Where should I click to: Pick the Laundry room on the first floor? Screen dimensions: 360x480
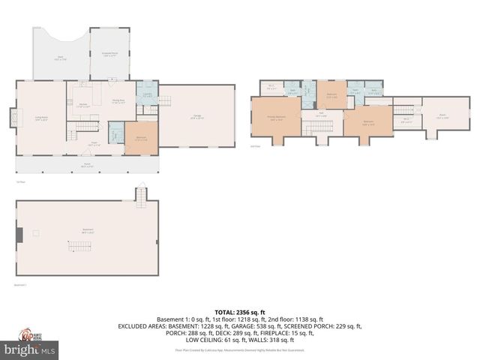tap(147, 94)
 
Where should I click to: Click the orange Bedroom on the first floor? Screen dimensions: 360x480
tap(141, 138)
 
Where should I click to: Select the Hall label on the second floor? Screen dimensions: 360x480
tap(321, 115)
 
